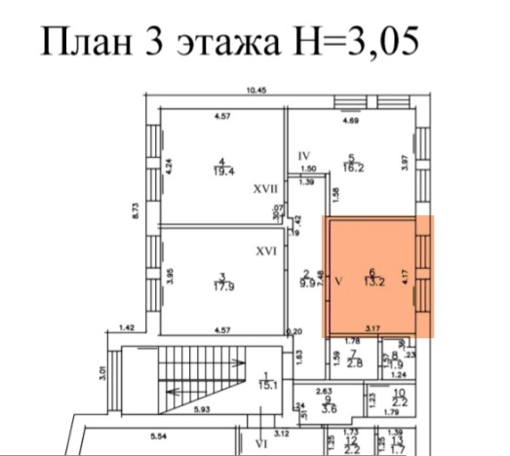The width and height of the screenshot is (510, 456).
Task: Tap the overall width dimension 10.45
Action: (256, 92)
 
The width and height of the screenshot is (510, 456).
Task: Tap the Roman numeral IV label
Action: (303, 156)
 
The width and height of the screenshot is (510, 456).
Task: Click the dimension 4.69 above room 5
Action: (349, 123)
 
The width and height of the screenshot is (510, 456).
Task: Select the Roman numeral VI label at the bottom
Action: (260, 442)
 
